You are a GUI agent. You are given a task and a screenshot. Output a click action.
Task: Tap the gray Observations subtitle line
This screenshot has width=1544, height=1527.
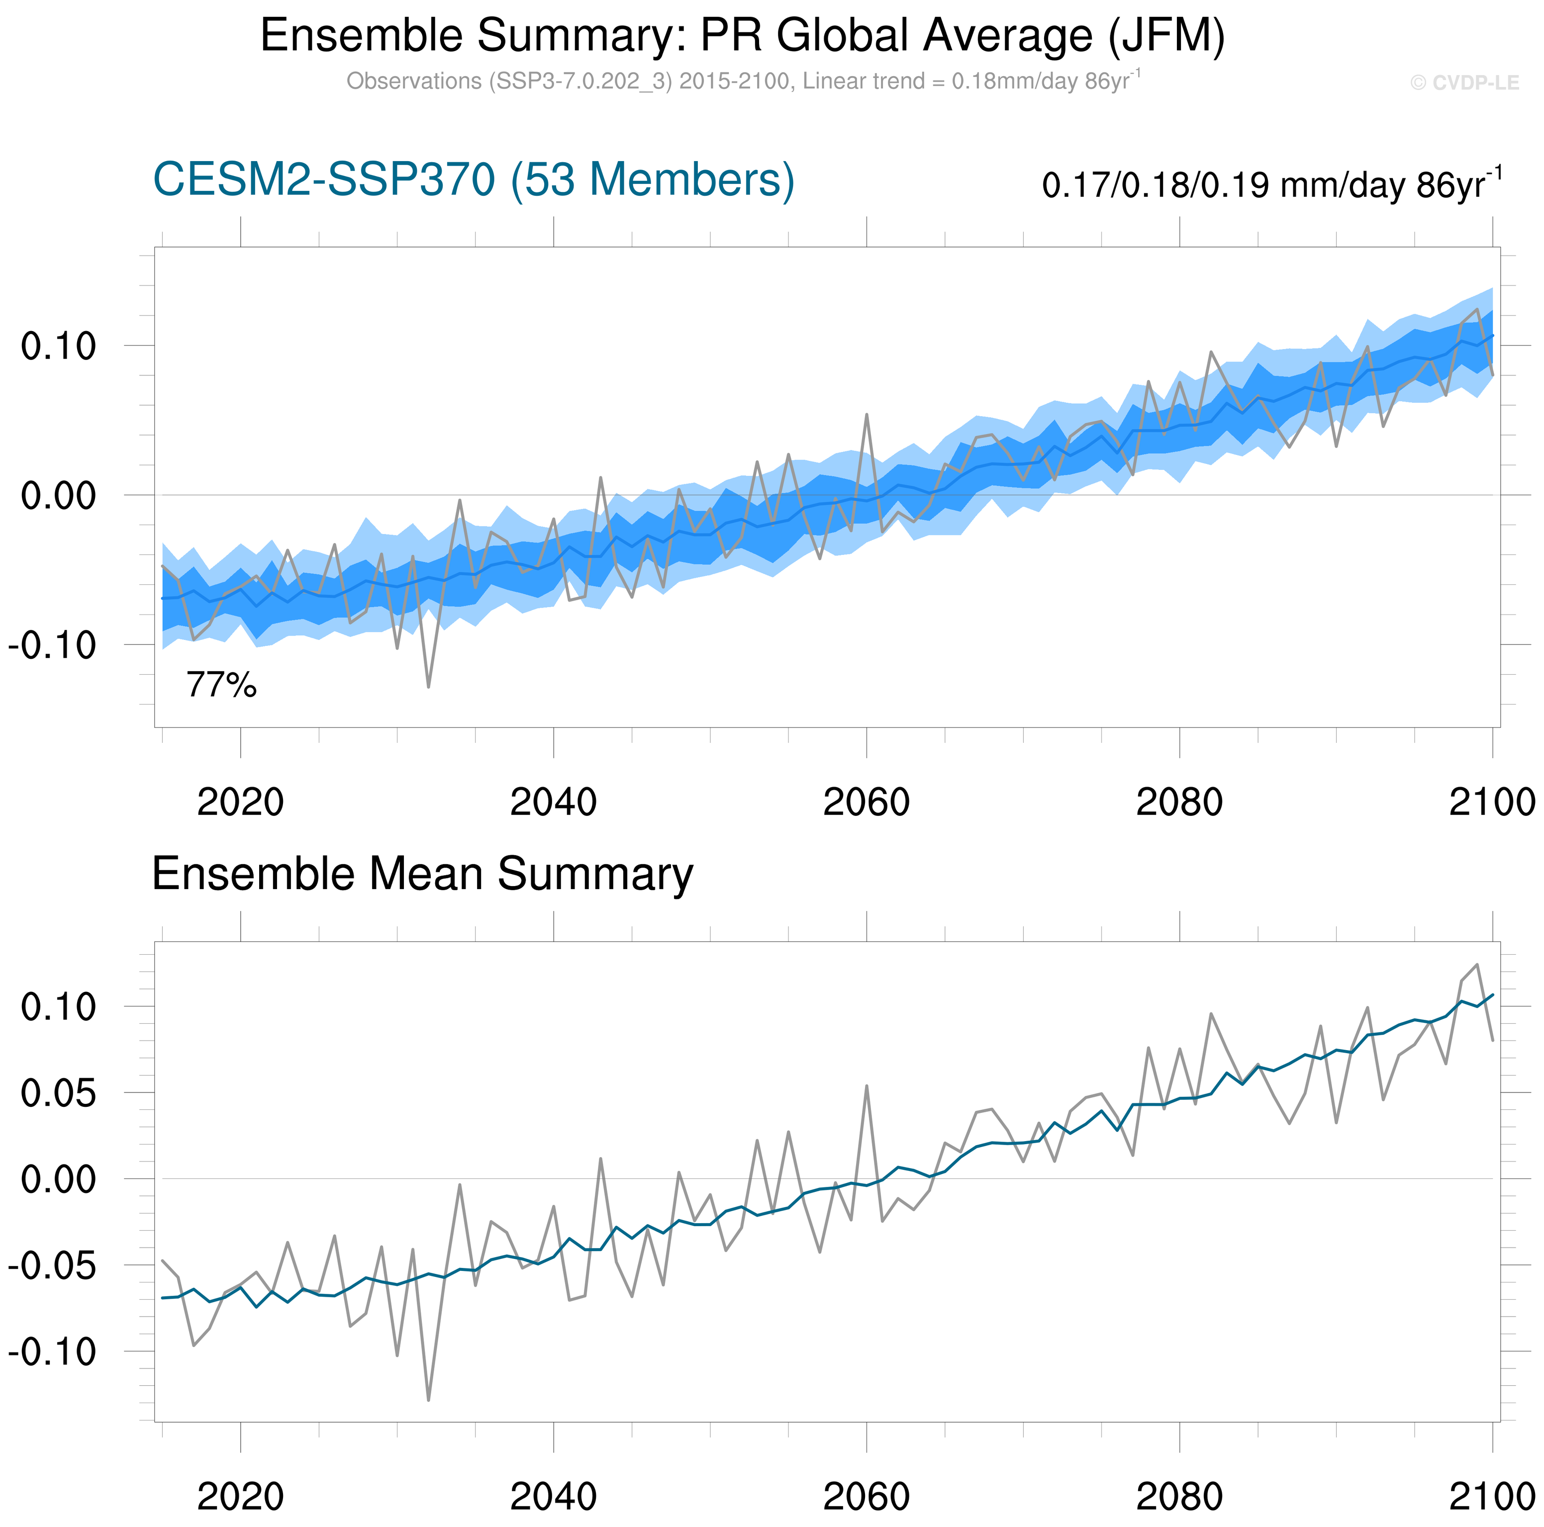tap(743, 82)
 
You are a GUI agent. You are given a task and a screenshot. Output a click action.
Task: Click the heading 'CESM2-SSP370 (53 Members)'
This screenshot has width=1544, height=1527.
tap(473, 180)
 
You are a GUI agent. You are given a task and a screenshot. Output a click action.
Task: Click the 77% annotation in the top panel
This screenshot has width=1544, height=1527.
tap(221, 685)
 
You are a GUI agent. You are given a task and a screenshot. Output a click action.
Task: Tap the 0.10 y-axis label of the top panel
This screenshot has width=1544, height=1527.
tap(58, 347)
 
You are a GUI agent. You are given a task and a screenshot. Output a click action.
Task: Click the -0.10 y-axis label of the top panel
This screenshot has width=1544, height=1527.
tap(52, 645)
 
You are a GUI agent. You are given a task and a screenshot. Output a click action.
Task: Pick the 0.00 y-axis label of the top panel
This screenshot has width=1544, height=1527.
tap(58, 496)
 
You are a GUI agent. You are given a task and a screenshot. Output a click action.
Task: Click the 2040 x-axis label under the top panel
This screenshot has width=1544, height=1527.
tap(553, 802)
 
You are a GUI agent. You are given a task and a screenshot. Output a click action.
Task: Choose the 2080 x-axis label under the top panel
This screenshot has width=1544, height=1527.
tap(1179, 802)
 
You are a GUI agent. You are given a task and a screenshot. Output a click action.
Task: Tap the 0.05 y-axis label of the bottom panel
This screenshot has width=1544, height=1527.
tap(58, 1093)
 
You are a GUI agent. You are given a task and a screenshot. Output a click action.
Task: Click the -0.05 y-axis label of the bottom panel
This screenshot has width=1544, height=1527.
tap(52, 1266)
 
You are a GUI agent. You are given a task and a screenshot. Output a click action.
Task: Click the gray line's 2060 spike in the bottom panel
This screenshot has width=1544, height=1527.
tap(867, 1086)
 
